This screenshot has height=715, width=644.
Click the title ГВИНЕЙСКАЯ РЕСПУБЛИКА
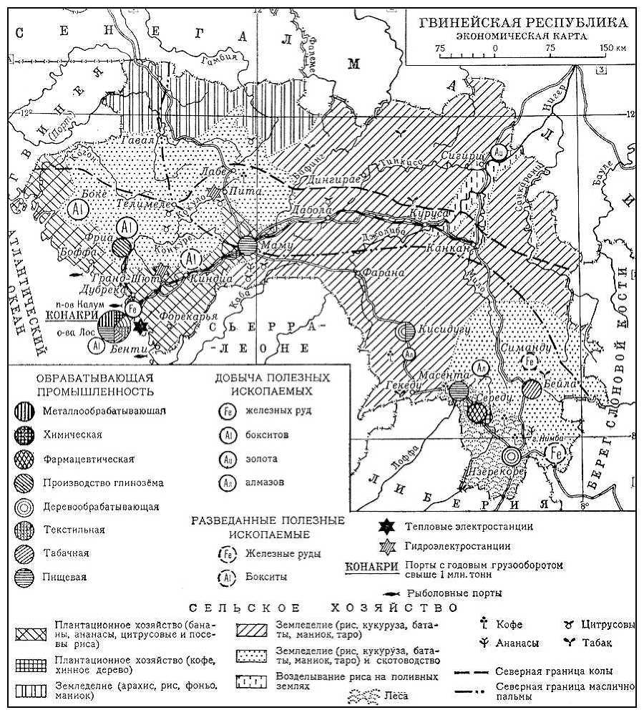tap(523, 22)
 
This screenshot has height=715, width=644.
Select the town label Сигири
tap(459, 151)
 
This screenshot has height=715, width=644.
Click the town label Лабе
tap(214, 172)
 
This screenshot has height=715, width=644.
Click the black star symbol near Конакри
tap(141, 326)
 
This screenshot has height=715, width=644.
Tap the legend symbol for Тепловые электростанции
tap(386, 527)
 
